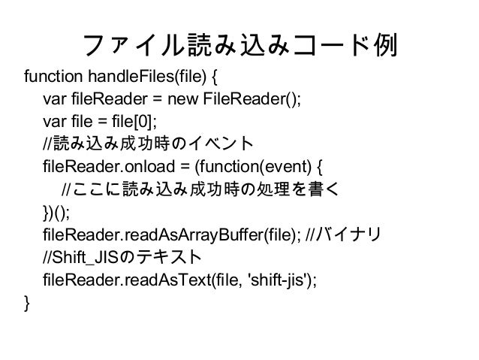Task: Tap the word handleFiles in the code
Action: coord(123,77)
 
